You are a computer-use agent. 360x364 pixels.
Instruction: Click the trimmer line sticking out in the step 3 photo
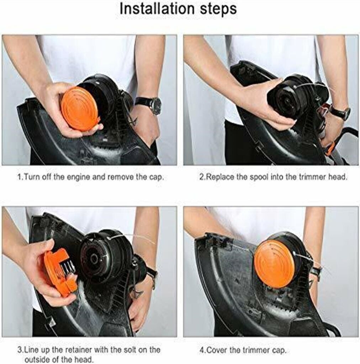tap(135, 238)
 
